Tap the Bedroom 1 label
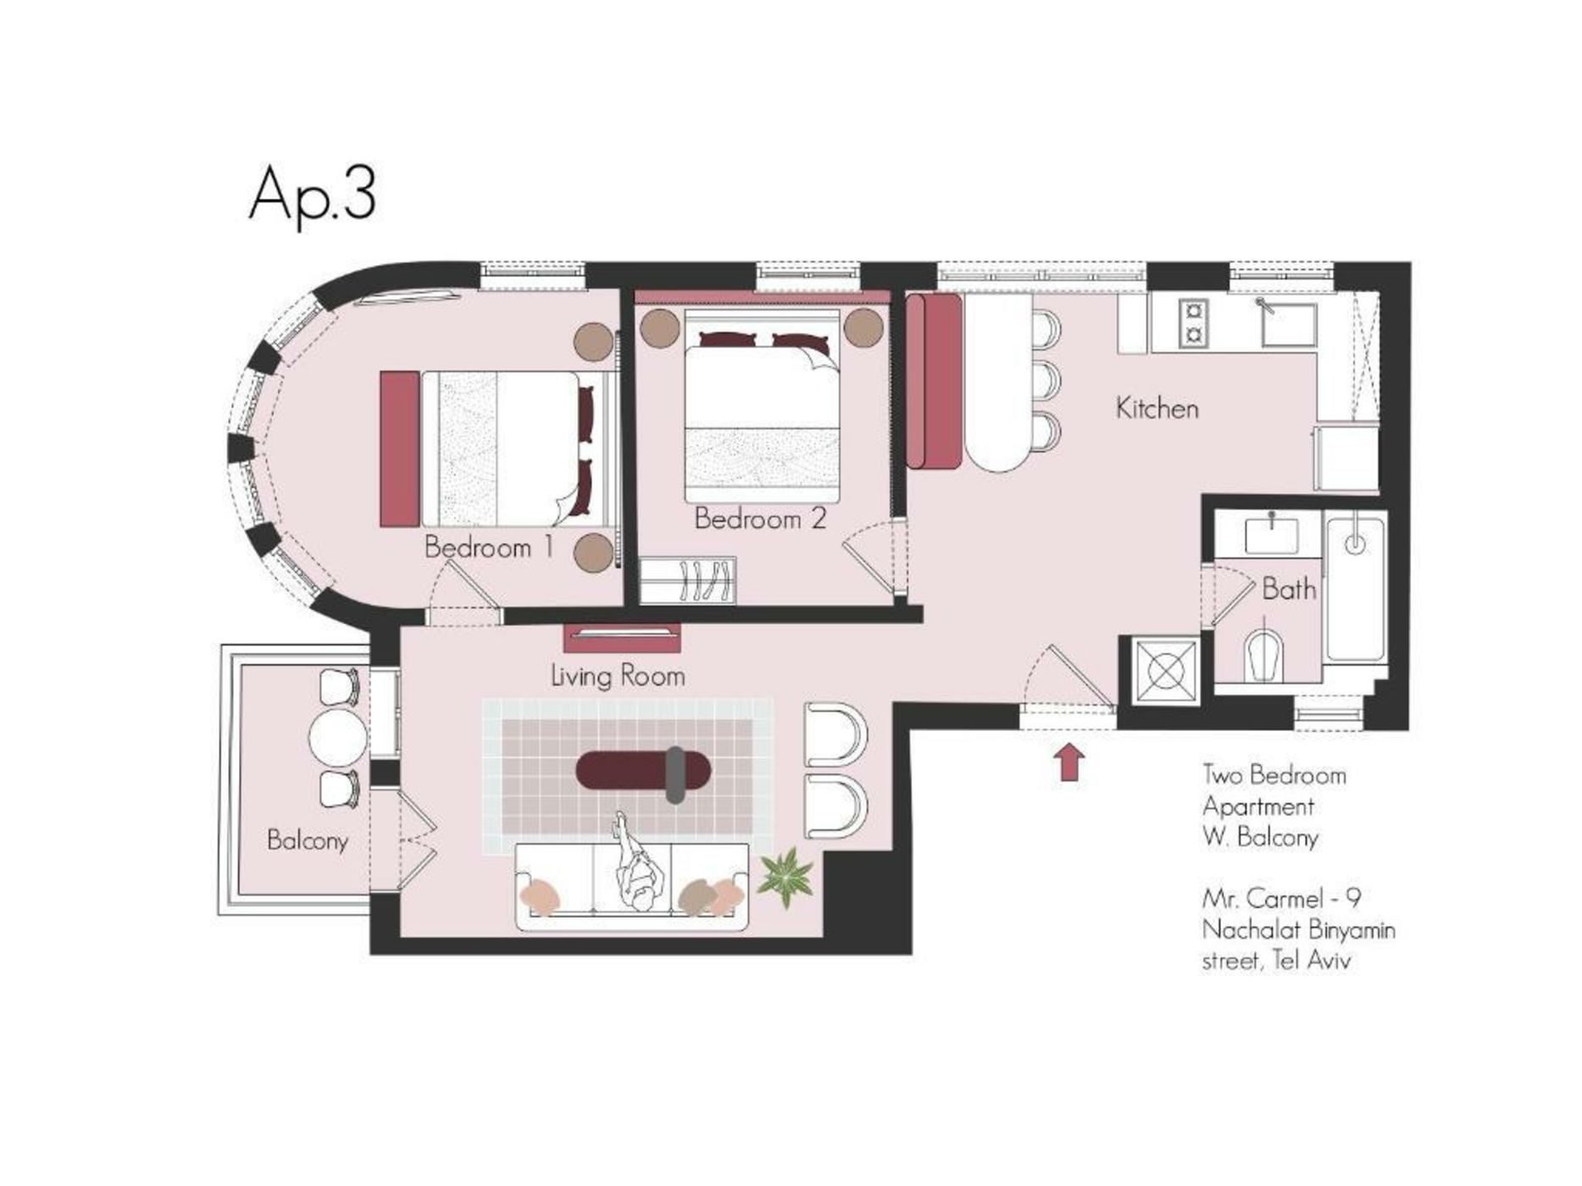click(489, 547)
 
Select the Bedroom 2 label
click(759, 518)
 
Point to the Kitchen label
click(1157, 408)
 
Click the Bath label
click(1289, 589)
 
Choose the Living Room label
click(618, 676)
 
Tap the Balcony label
click(307, 840)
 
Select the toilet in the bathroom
click(1265, 656)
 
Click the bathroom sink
click(1272, 535)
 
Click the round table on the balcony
click(339, 738)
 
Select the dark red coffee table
click(643, 770)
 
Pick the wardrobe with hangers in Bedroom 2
click(687, 580)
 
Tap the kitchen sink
click(1289, 324)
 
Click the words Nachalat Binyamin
click(1298, 930)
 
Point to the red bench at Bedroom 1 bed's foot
click(400, 448)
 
